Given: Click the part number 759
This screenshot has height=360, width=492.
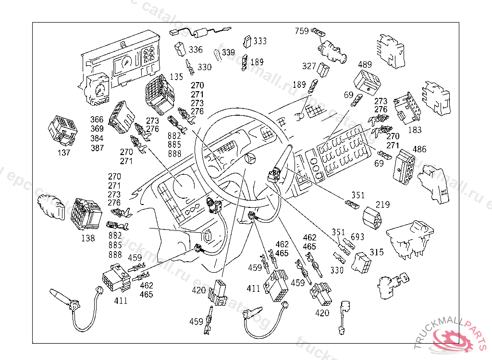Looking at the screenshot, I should point(302,31).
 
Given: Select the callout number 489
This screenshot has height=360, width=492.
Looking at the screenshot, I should point(365,64).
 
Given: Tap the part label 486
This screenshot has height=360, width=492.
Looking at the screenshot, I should point(419,150).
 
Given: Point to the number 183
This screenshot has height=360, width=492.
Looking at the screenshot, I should point(415,130).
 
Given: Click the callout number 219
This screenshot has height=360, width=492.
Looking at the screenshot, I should point(383,205).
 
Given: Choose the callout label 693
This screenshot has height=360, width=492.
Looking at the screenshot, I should point(357,237).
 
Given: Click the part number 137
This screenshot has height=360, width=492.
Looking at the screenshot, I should point(63,153).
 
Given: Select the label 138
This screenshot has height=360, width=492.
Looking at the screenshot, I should point(88,238).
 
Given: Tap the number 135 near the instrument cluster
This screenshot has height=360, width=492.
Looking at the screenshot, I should point(177,76).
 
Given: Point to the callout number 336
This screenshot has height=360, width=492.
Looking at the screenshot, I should point(196,49).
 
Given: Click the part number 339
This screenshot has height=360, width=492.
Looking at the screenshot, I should point(228,52).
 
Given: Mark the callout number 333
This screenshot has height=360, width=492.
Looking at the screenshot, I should point(260,41).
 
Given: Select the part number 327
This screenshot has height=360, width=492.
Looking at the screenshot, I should point(309,66).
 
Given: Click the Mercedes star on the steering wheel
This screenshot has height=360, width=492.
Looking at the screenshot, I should point(249,158).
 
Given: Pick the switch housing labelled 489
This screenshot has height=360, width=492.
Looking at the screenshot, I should point(369,82).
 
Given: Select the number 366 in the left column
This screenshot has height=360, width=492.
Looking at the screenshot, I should point(97,120).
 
